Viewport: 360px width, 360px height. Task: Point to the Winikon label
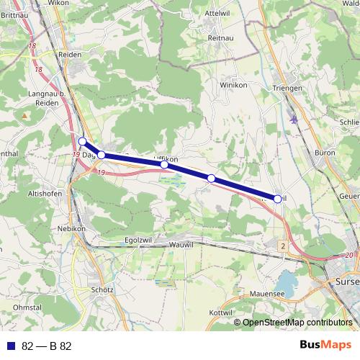pos(234,84)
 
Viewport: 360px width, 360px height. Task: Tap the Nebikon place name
pos(71,229)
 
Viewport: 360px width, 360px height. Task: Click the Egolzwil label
pos(139,240)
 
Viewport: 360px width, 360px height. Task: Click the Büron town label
pos(325,153)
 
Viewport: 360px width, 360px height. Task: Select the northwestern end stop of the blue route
pos(82,141)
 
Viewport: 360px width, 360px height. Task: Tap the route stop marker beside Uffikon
pos(164,165)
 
